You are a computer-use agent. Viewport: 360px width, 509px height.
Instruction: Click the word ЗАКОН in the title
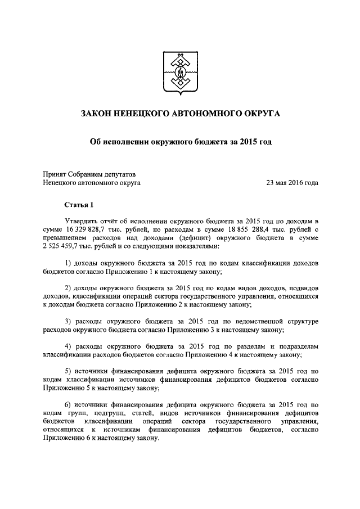[100, 114]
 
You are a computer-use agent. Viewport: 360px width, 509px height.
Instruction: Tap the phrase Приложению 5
[65, 388]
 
